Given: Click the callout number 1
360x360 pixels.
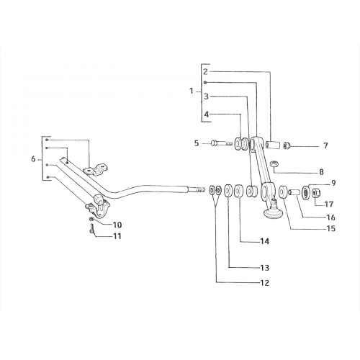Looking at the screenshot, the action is [192, 91].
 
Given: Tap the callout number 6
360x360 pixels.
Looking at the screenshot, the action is [33, 159].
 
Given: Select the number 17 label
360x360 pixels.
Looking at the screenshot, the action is [329, 204].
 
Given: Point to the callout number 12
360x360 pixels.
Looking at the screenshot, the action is [265, 283].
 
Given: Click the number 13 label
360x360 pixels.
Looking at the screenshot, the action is [265, 268].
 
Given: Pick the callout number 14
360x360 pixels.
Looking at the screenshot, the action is [265, 241].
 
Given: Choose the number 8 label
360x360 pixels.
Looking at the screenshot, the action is [321, 172].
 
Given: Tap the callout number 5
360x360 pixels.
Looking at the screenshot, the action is [197, 143].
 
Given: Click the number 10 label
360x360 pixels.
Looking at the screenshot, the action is [117, 225].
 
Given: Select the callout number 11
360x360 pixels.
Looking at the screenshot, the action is [117, 236].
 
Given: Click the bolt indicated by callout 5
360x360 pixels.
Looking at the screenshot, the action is [222, 144].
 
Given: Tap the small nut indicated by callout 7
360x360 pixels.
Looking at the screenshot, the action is [287, 145].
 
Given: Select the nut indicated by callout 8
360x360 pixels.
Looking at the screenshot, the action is [274, 164].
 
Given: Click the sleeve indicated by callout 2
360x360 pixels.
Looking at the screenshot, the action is [273, 145].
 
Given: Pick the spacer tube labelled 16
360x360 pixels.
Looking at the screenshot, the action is [294, 192].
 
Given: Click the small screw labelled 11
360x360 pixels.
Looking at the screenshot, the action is [92, 228].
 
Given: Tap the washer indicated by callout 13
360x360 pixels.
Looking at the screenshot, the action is [228, 190].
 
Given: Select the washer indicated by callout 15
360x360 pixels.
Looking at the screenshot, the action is [283, 191].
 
